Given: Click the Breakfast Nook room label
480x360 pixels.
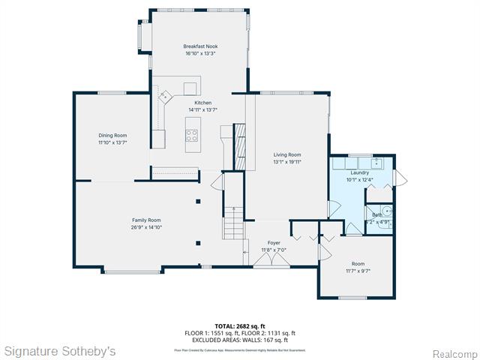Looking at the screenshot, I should point(200,46).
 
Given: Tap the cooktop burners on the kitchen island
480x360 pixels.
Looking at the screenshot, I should point(193,136).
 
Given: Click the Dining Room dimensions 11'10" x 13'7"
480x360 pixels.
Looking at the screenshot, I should point(112,142).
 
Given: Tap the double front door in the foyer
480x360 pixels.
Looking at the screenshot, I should point(269,260).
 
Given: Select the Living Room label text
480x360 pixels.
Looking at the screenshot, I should point(286,154).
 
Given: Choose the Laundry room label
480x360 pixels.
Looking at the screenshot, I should point(359,172).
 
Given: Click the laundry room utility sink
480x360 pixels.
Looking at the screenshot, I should point(376,163).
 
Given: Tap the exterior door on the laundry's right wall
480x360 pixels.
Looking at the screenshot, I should point(399,178).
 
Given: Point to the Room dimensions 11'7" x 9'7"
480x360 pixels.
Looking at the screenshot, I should point(358,271).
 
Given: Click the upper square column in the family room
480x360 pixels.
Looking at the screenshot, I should point(197,201).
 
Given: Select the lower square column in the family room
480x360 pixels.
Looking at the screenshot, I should point(197,242).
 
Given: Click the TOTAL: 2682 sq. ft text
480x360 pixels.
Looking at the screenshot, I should point(240,326).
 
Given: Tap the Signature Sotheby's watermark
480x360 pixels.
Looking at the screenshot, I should point(60,350).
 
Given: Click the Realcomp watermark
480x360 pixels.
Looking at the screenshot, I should point(453,352).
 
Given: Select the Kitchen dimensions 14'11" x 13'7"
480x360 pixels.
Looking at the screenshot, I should point(202,109).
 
